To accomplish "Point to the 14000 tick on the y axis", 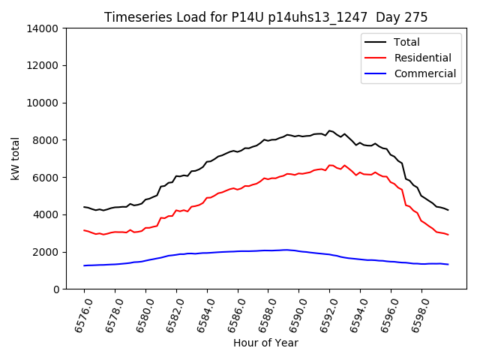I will pos(43,28).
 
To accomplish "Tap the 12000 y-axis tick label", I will pos(43,66).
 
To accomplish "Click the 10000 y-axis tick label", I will pos(43,103).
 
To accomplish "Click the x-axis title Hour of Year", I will pos(265,343).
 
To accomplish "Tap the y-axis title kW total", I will pos(16,158).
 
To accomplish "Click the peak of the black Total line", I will pos(329,130).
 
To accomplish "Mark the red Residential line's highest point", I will pos(330,165).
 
